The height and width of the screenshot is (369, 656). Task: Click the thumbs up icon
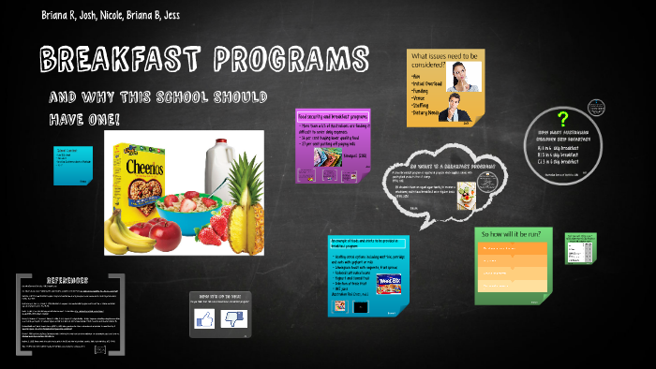pos(204,320)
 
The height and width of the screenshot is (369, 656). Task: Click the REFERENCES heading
pos(67,280)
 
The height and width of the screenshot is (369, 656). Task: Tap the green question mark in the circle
pos(562,119)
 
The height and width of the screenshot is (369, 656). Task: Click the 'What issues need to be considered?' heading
pos(445,61)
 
